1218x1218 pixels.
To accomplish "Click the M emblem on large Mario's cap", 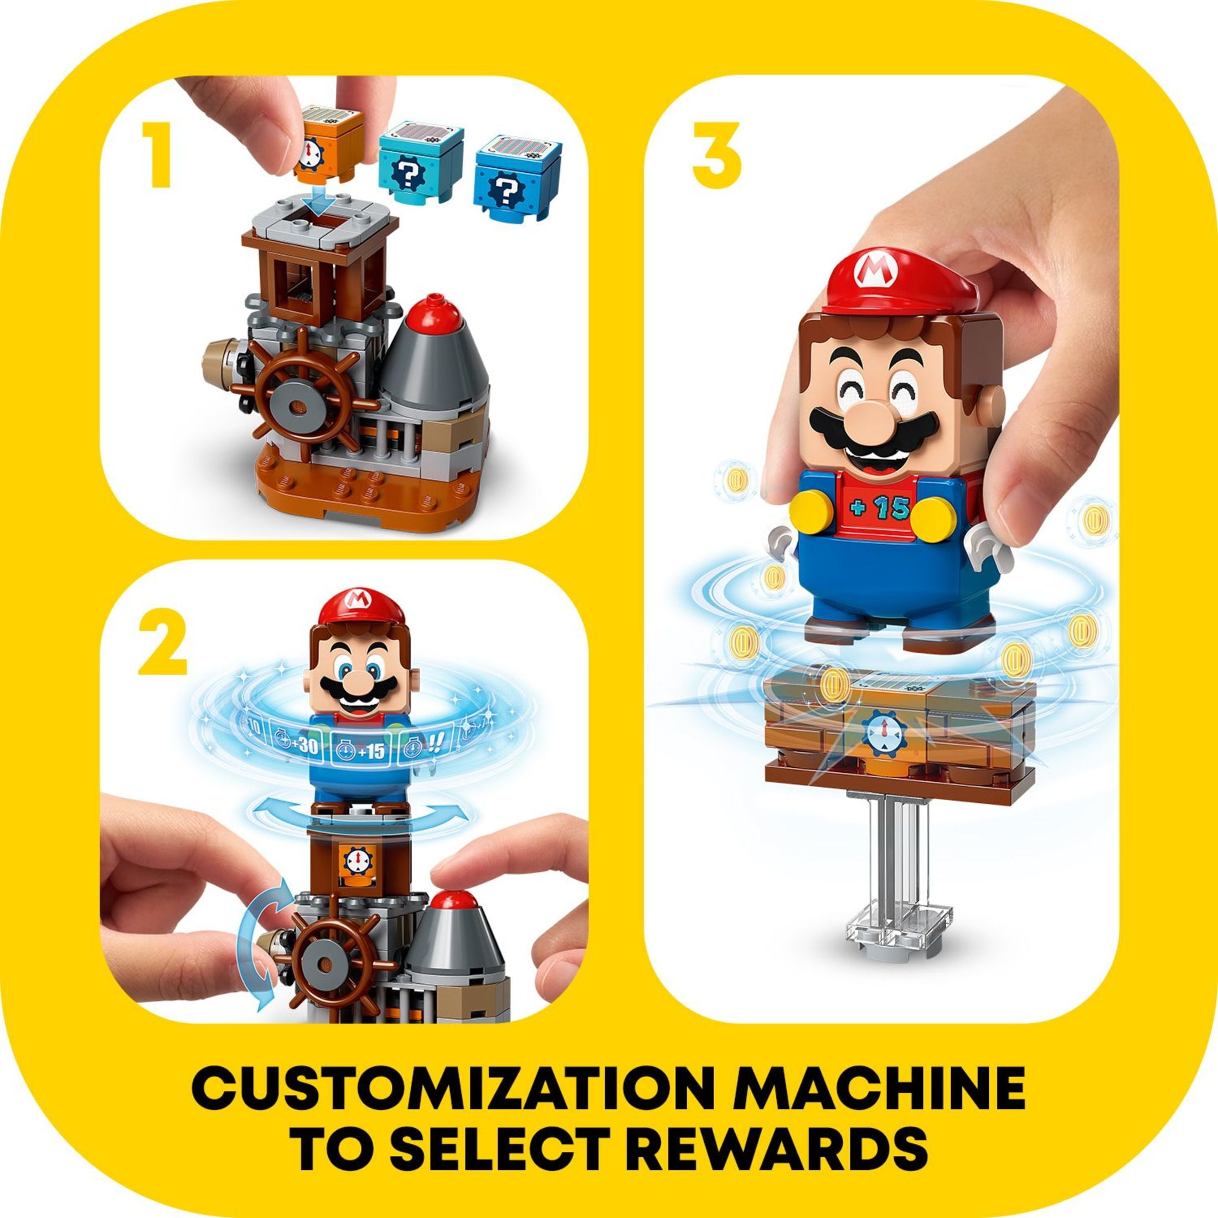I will (871, 272).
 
